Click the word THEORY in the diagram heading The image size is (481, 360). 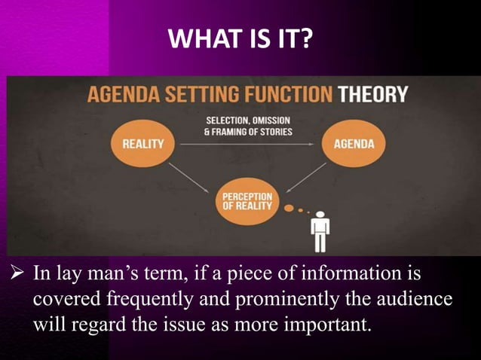pyautogui.click(x=372, y=96)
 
